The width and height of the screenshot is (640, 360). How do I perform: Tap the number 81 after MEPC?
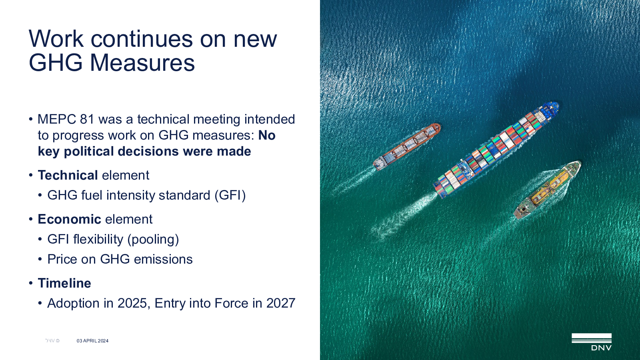(87, 119)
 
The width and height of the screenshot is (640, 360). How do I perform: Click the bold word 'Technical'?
(68, 175)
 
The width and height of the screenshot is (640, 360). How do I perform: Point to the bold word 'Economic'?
(70, 219)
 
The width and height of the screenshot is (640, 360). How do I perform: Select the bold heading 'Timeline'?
(64, 283)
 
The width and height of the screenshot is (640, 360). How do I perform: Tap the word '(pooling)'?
(153, 240)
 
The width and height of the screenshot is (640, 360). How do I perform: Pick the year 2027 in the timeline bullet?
(281, 303)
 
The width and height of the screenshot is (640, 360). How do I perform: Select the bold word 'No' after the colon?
(267, 135)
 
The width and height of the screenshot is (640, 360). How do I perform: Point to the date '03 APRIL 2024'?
(92, 340)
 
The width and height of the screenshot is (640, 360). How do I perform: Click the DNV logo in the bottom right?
(592, 342)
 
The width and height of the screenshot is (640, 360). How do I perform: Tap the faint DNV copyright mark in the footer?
(52, 340)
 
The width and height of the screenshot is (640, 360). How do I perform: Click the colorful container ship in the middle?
(496, 150)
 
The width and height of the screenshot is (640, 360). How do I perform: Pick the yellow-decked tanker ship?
(547, 190)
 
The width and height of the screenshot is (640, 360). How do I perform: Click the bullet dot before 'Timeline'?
(30, 284)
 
